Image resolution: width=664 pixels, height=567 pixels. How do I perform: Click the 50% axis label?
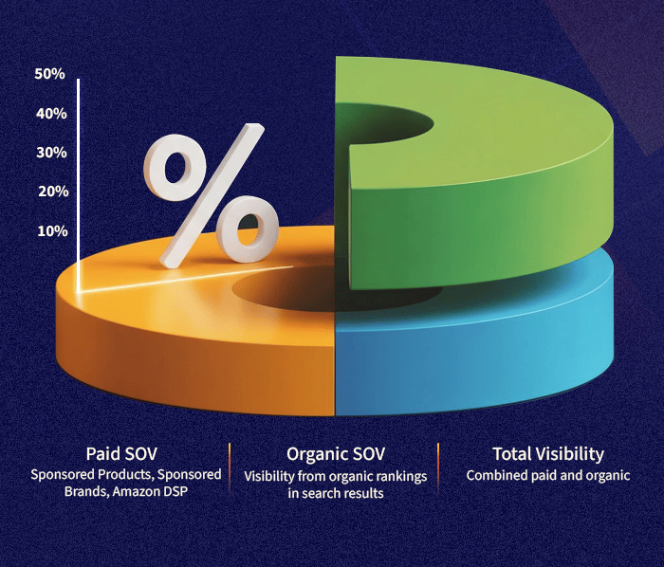pyautogui.click(x=50, y=74)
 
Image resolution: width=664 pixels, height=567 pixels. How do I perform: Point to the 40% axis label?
pyautogui.click(x=50, y=114)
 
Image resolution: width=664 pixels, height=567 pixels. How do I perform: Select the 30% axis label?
pyautogui.click(x=50, y=153)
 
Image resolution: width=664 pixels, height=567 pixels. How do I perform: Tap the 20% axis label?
pyautogui.click(x=50, y=192)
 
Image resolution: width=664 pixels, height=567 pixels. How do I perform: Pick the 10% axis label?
pyautogui.click(x=50, y=231)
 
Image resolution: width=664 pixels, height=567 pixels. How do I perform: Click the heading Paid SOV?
pyautogui.click(x=125, y=454)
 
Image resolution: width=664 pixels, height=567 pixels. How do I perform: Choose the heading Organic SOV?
pyautogui.click(x=334, y=454)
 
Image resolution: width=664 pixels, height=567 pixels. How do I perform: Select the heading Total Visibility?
pyautogui.click(x=547, y=454)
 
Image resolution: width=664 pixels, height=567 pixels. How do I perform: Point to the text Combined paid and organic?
pyautogui.click(x=547, y=475)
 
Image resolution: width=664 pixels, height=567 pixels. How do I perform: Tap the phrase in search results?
pyautogui.click(x=334, y=494)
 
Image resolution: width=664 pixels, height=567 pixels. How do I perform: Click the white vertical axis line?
pyautogui.click(x=79, y=180)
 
